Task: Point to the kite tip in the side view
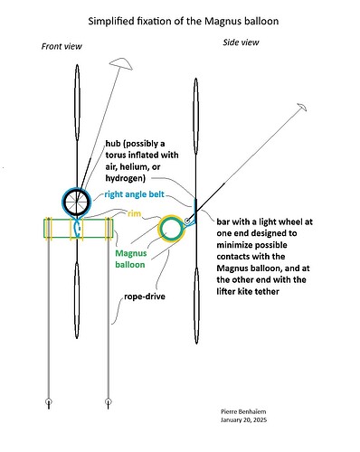pos(298,108)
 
